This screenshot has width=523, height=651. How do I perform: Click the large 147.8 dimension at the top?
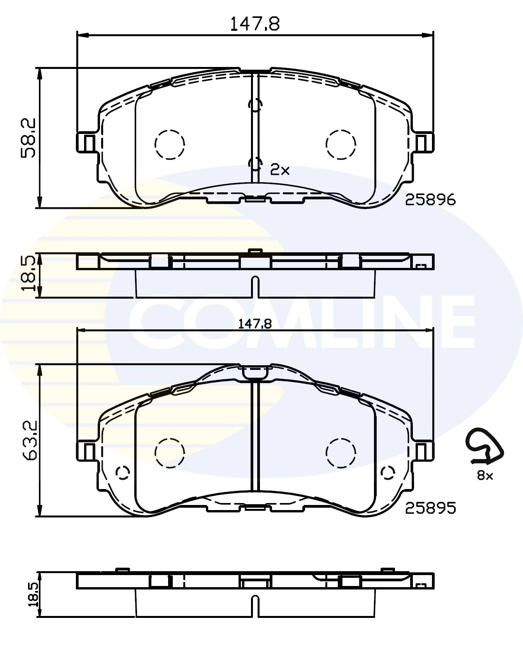click(255, 24)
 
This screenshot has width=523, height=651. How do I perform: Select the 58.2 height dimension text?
click(28, 137)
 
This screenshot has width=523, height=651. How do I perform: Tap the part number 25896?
click(430, 200)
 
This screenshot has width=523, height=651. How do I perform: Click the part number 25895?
click(430, 508)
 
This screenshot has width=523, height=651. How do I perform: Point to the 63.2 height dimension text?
click(28, 440)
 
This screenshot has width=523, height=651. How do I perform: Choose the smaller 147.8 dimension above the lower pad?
click(255, 324)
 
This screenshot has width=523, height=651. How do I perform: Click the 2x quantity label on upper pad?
click(280, 170)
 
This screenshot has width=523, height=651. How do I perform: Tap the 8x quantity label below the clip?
click(485, 475)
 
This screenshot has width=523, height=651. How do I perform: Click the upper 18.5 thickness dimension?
click(28, 274)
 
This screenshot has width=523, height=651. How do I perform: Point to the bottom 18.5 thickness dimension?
click(33, 595)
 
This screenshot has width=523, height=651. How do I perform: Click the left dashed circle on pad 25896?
click(169, 144)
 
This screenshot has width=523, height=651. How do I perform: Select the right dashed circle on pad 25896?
click(341, 144)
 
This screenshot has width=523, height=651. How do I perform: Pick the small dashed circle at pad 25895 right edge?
click(388, 472)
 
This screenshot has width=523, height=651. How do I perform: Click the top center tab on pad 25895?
click(255, 372)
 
